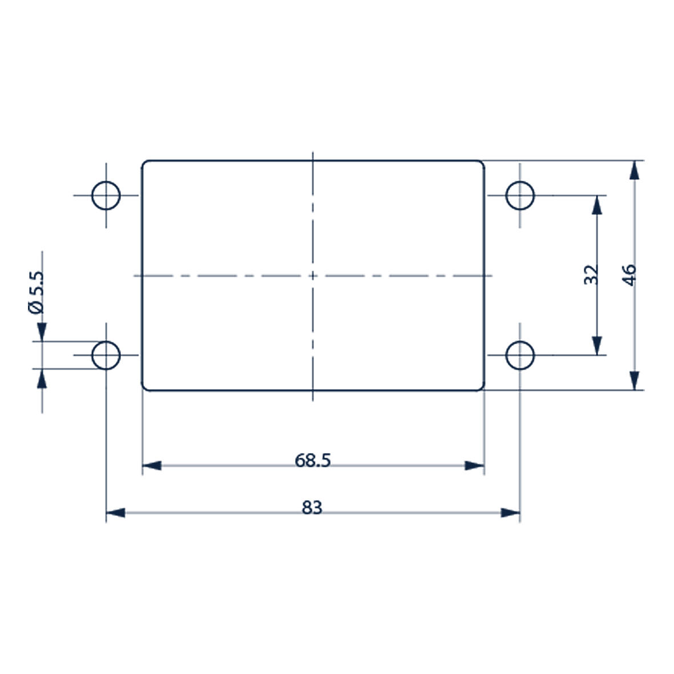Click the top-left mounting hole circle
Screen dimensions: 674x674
106,195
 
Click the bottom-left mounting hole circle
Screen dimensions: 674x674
106,355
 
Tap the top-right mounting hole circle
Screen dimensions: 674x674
520,195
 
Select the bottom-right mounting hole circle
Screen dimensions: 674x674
520,355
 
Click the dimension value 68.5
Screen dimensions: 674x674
313,460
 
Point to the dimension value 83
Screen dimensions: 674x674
312,507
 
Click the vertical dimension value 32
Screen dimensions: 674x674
591,275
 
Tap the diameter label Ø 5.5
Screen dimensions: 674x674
36,292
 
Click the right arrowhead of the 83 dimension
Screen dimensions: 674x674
510,512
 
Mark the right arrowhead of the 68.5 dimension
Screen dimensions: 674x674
474,466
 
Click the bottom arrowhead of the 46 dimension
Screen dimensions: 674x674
634,380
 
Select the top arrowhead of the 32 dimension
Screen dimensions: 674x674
597,205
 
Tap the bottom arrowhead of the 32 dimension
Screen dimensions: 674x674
597,345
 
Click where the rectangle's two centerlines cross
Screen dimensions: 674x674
313,276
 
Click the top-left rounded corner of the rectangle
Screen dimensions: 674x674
144,163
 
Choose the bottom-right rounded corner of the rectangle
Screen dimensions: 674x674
482,388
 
